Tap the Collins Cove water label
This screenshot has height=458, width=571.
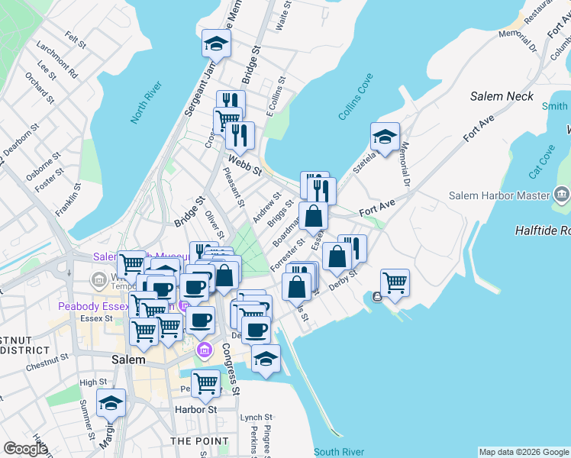356,107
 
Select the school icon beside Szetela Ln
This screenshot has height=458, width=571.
385,137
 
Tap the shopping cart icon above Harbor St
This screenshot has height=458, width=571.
205,382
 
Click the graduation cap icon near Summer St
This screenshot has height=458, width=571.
111,403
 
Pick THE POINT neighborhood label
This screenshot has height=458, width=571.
199,441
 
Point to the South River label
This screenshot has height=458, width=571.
337,451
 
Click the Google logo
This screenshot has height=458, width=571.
25,449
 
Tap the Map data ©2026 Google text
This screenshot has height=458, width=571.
523,452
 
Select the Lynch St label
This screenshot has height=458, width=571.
256,418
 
